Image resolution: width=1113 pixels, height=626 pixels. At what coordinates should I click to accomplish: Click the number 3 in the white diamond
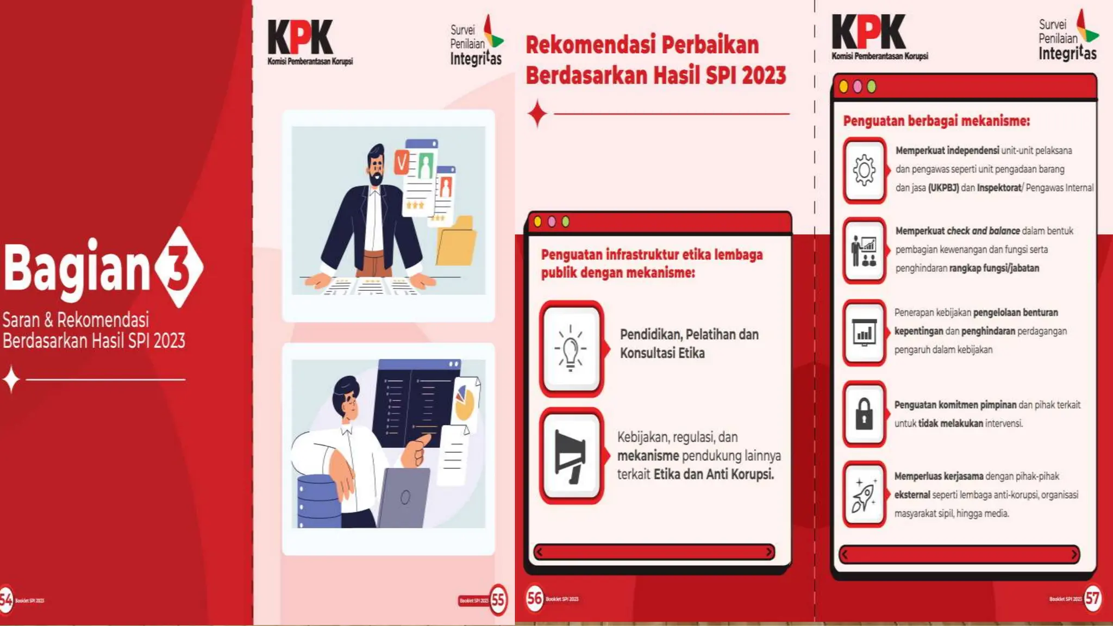(178, 267)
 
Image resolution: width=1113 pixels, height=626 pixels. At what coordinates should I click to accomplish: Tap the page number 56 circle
(534, 599)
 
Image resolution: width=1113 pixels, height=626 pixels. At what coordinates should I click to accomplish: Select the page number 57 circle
(1092, 599)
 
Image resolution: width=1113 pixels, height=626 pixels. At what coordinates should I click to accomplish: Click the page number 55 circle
(498, 600)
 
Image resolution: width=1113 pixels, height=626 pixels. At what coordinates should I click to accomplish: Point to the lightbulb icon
(571, 348)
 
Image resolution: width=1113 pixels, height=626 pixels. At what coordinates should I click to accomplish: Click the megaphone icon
(571, 455)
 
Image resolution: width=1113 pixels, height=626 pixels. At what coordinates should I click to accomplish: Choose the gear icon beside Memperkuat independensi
(864, 170)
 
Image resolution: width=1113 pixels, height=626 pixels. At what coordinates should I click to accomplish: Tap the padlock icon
(864, 414)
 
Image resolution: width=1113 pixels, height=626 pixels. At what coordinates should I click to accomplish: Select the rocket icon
(864, 494)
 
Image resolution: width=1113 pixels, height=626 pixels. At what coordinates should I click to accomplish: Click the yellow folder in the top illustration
(457, 242)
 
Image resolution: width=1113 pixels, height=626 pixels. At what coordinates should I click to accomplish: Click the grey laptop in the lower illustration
(403, 497)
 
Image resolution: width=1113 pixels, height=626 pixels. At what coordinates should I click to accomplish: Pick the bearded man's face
(376, 166)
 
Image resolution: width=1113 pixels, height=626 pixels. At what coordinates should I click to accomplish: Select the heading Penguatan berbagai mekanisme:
(936, 121)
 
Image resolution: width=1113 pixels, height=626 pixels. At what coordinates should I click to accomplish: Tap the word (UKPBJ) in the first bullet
(943, 188)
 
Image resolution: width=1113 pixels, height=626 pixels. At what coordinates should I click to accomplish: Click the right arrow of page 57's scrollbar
(1074, 555)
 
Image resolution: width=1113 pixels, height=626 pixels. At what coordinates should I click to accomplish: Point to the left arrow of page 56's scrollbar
(539, 552)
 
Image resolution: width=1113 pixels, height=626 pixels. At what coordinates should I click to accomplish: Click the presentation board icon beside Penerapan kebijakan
(864, 333)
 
